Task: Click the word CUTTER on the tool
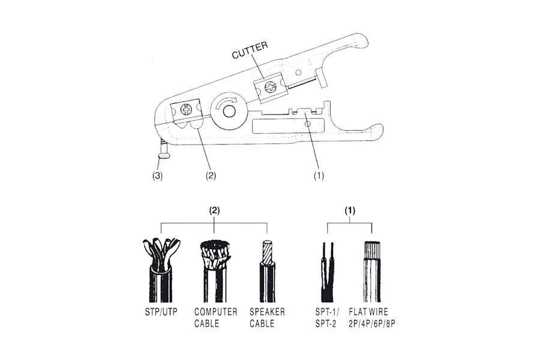tap(250, 50)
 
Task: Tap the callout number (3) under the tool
tap(157, 176)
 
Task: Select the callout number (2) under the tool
tap(211, 176)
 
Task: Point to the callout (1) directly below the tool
tap(319, 176)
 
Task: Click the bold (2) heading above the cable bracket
tap(215, 211)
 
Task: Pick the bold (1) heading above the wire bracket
tap(350, 211)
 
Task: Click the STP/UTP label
tap(161, 312)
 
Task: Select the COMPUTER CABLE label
tap(215, 317)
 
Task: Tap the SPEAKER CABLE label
tap(267, 317)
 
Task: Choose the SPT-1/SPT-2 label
tap(327, 317)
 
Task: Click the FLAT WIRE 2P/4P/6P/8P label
tap(372, 317)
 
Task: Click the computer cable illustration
tap(215, 271)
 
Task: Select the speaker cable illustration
tap(267, 271)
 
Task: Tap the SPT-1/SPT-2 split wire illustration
tap(328, 272)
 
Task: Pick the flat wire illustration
tap(371, 271)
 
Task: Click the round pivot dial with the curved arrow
tap(227, 110)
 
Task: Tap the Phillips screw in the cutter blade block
tap(271, 87)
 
